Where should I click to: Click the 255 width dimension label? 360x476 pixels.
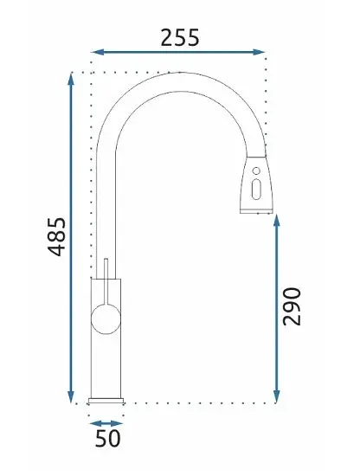[x=180, y=38]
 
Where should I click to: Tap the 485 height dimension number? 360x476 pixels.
[x=57, y=237]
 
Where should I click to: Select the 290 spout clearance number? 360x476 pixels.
[x=292, y=306]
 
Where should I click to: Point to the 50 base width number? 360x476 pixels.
[x=108, y=439]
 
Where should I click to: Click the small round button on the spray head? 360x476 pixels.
[x=256, y=170]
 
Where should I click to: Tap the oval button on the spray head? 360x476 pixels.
[x=256, y=190]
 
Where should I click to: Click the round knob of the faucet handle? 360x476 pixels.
[x=106, y=319]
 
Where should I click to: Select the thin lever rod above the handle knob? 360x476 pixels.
[x=106, y=281]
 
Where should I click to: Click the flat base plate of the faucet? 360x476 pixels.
[x=106, y=402]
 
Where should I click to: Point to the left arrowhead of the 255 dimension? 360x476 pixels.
[x=98, y=52]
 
